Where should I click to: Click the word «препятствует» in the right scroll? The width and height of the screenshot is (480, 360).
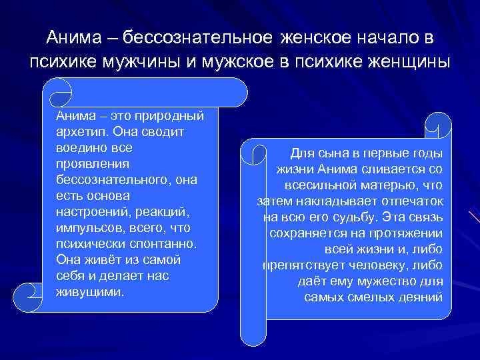click(297, 265)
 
